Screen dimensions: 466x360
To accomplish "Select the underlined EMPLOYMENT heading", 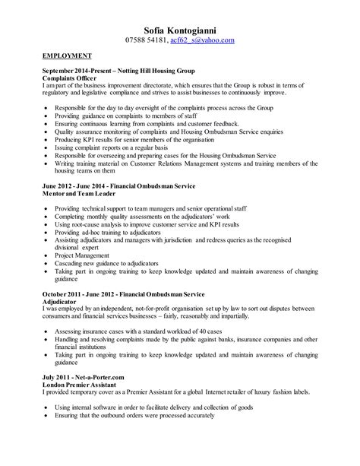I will click(x=68, y=56).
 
